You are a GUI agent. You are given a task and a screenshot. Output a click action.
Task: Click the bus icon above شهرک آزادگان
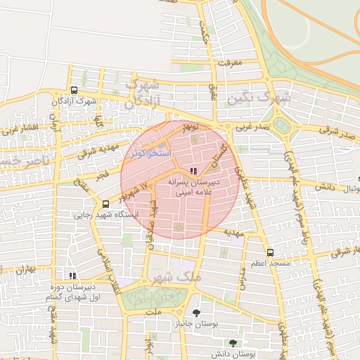pyautogui.click(x=74, y=90)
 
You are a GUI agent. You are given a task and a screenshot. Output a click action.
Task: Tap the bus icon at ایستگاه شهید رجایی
pyautogui.click(x=105, y=205)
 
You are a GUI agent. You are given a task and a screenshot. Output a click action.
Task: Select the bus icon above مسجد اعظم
pyautogui.click(x=270, y=252)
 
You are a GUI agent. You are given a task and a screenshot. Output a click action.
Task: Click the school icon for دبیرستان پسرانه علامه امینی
pyautogui.click(x=193, y=171)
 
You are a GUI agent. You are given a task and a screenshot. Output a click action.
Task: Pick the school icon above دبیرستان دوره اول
pyautogui.click(x=71, y=276)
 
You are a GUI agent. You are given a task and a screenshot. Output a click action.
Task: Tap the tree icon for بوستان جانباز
pyautogui.click(x=196, y=314)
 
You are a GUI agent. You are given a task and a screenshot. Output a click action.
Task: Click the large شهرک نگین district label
pyautogui.click(x=258, y=98)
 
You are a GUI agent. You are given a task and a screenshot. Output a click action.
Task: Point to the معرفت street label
pyautogui.click(x=230, y=63)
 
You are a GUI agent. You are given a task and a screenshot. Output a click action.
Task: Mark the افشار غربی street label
pyautogui.click(x=15, y=129)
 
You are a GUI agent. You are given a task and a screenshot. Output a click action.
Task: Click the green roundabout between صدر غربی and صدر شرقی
pyautogui.click(x=282, y=126)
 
